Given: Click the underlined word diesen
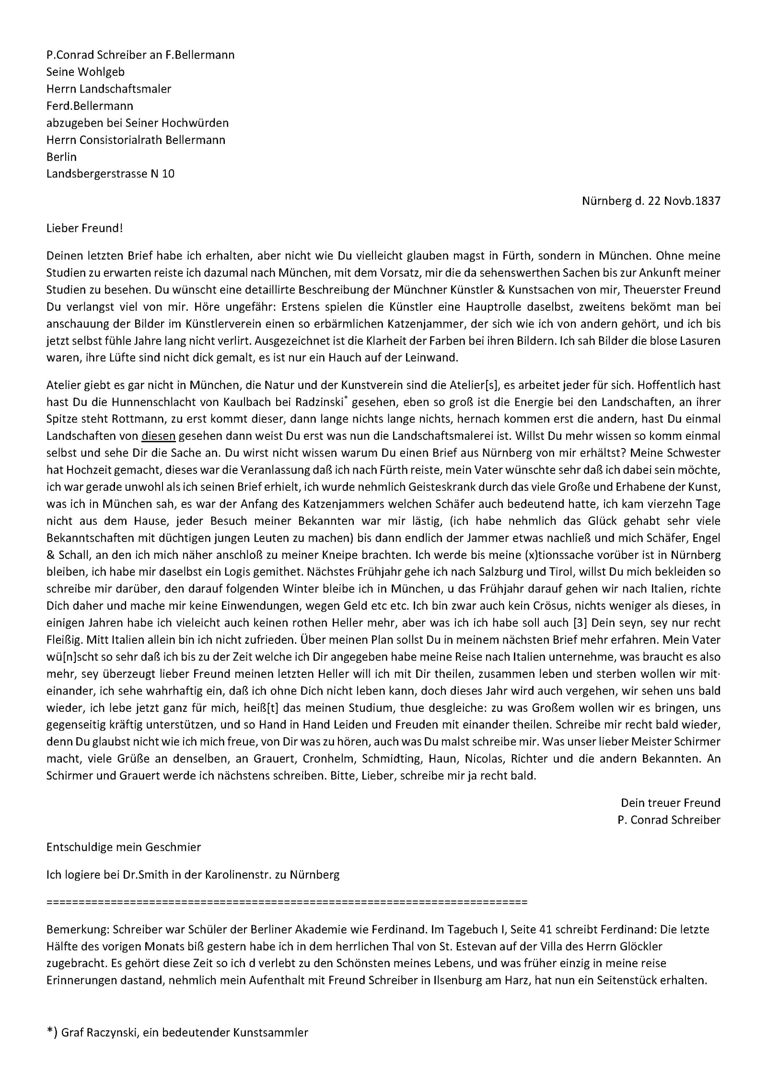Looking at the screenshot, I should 159,436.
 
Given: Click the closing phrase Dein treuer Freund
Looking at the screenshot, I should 670,803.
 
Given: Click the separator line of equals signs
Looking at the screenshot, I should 287,902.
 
